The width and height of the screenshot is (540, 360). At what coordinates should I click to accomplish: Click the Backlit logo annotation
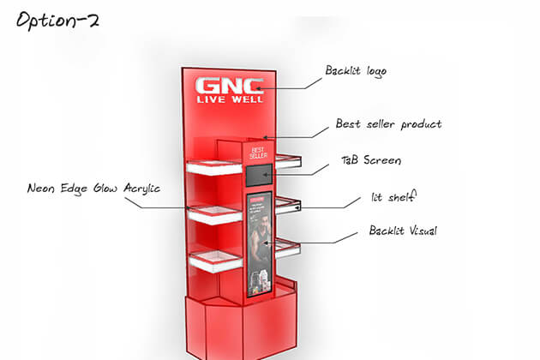click(356, 70)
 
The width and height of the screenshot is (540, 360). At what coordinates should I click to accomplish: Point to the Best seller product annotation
click(388, 124)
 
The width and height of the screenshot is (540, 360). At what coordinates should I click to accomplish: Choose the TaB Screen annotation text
click(371, 160)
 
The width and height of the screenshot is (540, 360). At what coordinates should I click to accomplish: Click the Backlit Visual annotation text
click(399, 231)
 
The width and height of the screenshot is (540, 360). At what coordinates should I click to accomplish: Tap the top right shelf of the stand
click(288, 159)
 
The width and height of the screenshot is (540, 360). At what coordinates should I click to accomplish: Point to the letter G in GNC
click(206, 87)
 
